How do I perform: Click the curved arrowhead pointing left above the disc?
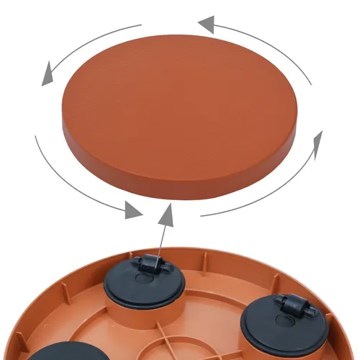(x=204, y=25)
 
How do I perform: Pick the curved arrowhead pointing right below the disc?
(x=134, y=210)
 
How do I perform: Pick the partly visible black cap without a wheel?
(x=54, y=353)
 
